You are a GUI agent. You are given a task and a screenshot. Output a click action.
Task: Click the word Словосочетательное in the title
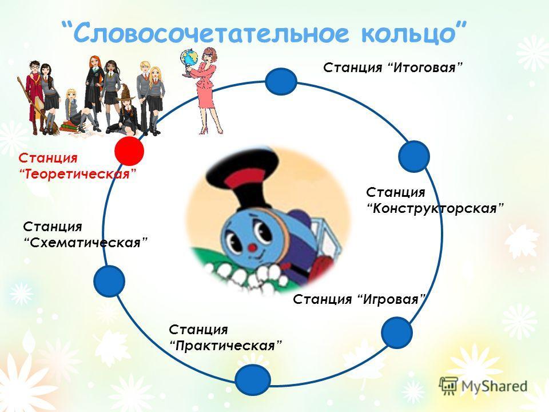click(x=212, y=33)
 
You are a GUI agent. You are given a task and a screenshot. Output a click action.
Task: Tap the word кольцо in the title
click(x=408, y=33)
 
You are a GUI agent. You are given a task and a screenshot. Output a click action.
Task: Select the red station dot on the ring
click(x=129, y=150)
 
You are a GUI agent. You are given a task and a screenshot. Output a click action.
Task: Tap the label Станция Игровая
click(x=359, y=299)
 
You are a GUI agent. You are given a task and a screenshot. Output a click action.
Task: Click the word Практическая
click(x=225, y=346)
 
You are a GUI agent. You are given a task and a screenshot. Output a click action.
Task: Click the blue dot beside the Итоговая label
click(x=281, y=81)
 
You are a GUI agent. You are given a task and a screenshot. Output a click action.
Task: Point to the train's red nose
click(x=252, y=248)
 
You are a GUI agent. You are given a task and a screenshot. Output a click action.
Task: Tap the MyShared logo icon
click(x=448, y=386)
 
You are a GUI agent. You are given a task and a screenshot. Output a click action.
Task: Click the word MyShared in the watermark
click(x=494, y=386)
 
